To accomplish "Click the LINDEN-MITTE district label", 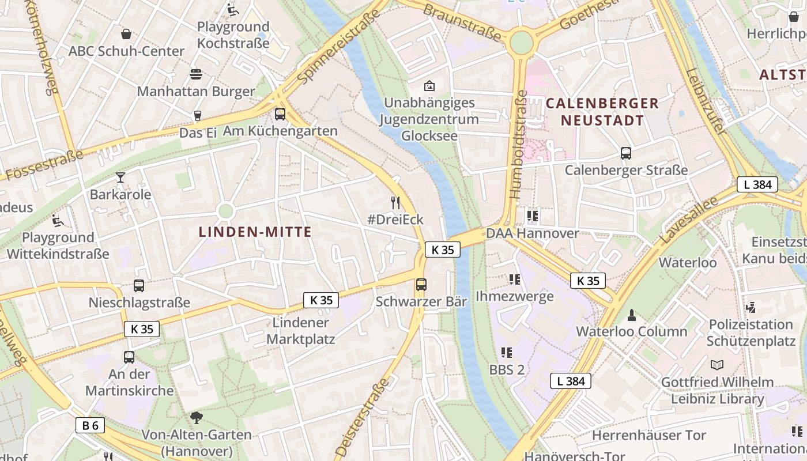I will pyautogui.click(x=255, y=232).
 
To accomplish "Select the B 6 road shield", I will pyautogui.click(x=90, y=426).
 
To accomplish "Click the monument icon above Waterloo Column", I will pyautogui.click(x=632, y=315).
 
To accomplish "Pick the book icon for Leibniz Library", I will pyautogui.click(x=717, y=365).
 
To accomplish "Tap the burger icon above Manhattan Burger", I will pyautogui.click(x=196, y=74).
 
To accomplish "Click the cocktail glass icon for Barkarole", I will pyautogui.click(x=120, y=177).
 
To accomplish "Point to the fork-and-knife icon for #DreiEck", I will pyautogui.click(x=395, y=202).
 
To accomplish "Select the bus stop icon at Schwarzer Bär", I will pyautogui.click(x=421, y=284).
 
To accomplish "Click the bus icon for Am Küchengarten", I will pyautogui.click(x=280, y=114).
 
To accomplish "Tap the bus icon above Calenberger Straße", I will pyautogui.click(x=626, y=153).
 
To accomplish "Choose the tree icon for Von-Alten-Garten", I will pyautogui.click(x=197, y=417).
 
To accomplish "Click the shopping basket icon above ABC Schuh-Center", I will pyautogui.click(x=126, y=34).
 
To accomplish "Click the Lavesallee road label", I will pyautogui.click(x=689, y=221).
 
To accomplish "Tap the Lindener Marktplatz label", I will pyautogui.click(x=301, y=331).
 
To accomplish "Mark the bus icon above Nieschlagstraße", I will pyautogui.click(x=139, y=285).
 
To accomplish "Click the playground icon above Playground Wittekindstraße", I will pyautogui.click(x=58, y=220).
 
